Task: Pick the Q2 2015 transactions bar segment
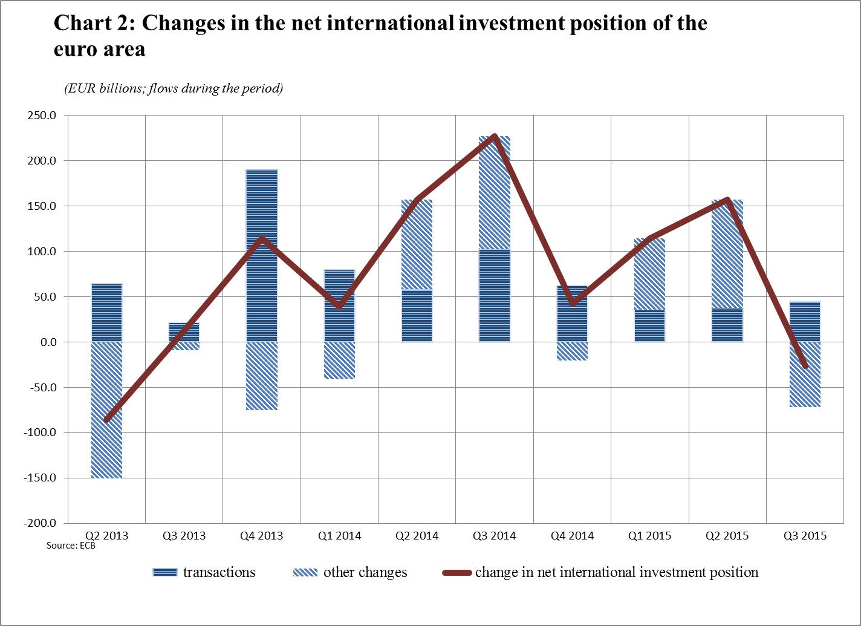coord(727,325)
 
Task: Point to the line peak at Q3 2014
coord(495,136)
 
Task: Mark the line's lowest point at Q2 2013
coord(107,420)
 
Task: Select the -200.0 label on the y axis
coord(41,523)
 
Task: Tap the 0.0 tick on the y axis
coord(47,342)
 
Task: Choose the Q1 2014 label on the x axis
coord(339,536)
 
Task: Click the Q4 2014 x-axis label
coord(572,536)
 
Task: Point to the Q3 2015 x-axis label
coord(805,536)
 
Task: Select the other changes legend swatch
coord(305,572)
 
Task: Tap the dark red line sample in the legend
coord(456,572)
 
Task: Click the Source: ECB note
coord(71,546)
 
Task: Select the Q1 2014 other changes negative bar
coord(339,361)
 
